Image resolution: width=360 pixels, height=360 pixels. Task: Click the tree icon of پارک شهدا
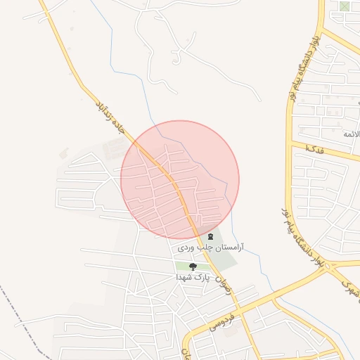click(x=193, y=266)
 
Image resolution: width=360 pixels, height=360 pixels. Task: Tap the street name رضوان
click(x=223, y=285)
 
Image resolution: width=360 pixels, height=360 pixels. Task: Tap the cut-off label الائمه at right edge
click(x=350, y=133)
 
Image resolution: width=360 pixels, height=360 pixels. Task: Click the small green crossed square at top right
click(x=344, y=6)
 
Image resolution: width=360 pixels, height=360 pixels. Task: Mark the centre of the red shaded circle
click(x=180, y=180)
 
